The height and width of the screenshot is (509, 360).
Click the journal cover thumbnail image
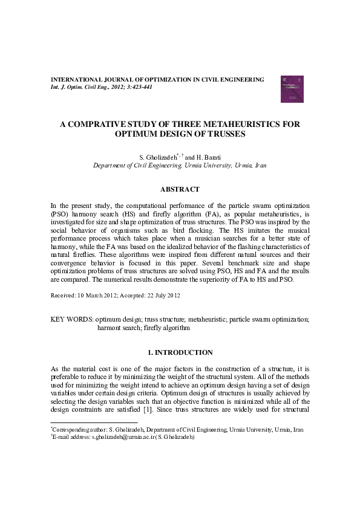(292, 89)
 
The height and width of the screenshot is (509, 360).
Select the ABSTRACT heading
(180, 189)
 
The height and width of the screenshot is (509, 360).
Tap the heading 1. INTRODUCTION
(180, 352)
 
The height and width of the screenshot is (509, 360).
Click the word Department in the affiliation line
(109, 165)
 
